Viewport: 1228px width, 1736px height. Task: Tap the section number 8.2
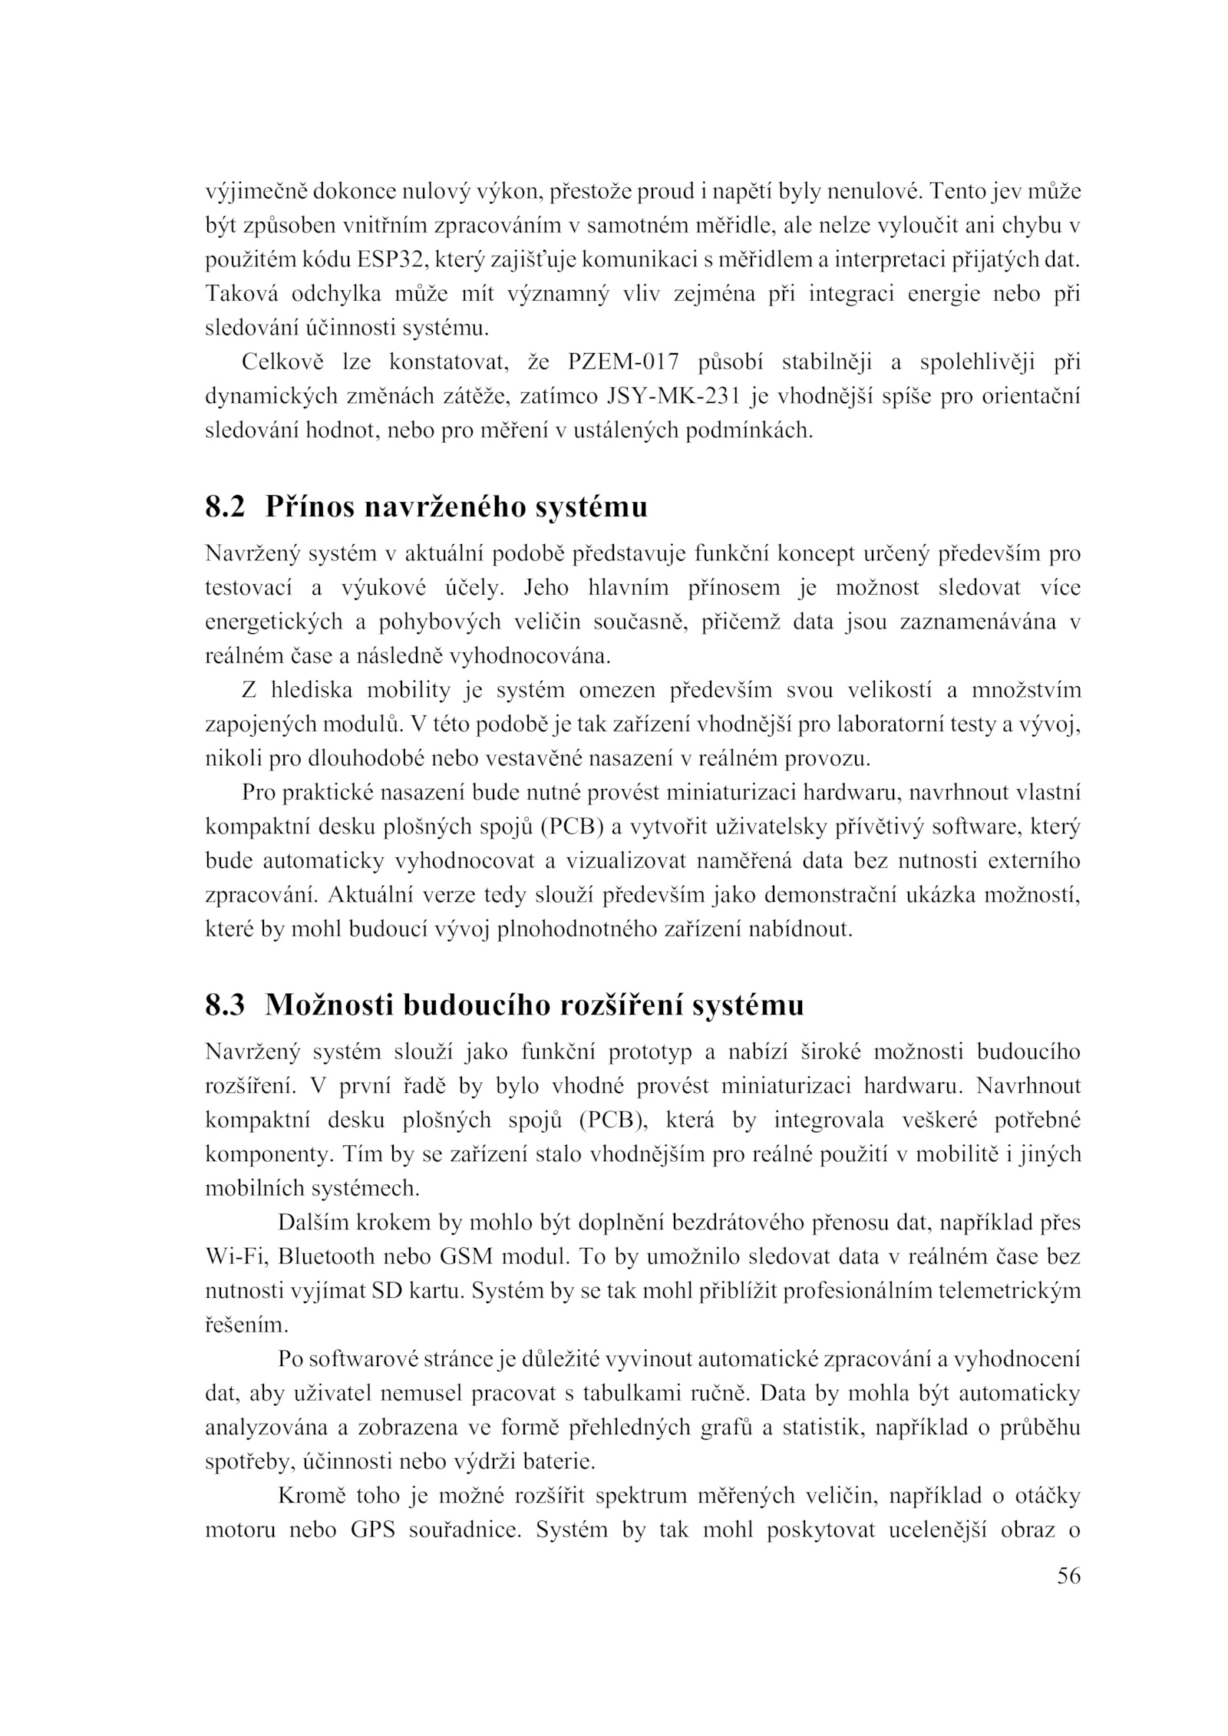pyautogui.click(x=225, y=507)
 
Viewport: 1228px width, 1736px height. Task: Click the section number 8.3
pyautogui.click(x=225, y=1005)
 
